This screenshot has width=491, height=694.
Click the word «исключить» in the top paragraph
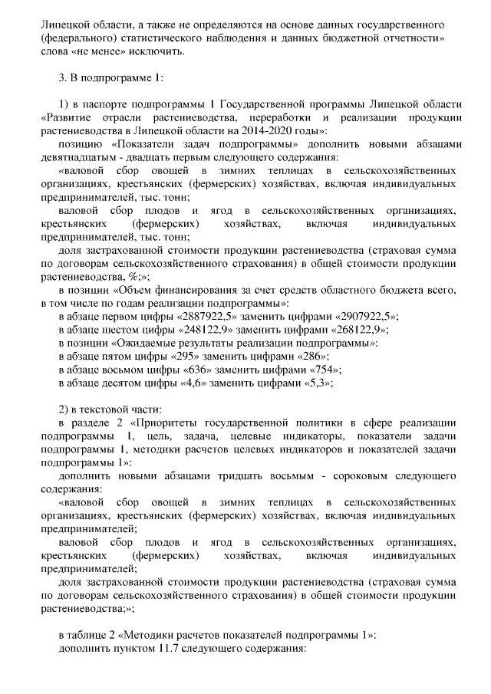click(160, 51)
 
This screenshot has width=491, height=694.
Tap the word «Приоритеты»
click(173, 423)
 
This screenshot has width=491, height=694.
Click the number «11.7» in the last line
click(166, 650)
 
